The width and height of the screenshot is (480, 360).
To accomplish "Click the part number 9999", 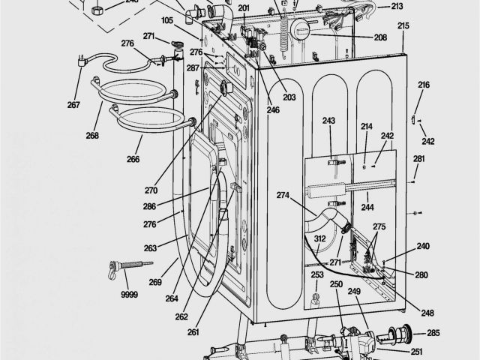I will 130,295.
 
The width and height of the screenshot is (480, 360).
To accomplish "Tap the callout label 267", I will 73,104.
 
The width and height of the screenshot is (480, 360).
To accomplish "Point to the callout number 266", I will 133,158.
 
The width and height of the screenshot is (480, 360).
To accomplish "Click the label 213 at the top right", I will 396,7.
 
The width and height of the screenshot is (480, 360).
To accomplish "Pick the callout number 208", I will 380,37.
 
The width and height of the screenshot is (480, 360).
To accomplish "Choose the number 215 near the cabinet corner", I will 403,25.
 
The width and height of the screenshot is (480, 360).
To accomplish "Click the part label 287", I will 193,68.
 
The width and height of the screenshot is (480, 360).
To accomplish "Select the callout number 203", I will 289,97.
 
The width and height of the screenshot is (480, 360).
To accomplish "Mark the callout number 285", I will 433,333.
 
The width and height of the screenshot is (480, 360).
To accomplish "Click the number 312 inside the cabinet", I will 319,239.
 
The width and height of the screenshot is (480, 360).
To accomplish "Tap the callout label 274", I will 283,196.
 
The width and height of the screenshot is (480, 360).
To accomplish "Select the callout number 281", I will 418,158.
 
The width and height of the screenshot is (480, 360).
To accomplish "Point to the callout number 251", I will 416,352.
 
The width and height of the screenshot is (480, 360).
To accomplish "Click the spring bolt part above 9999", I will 128,266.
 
